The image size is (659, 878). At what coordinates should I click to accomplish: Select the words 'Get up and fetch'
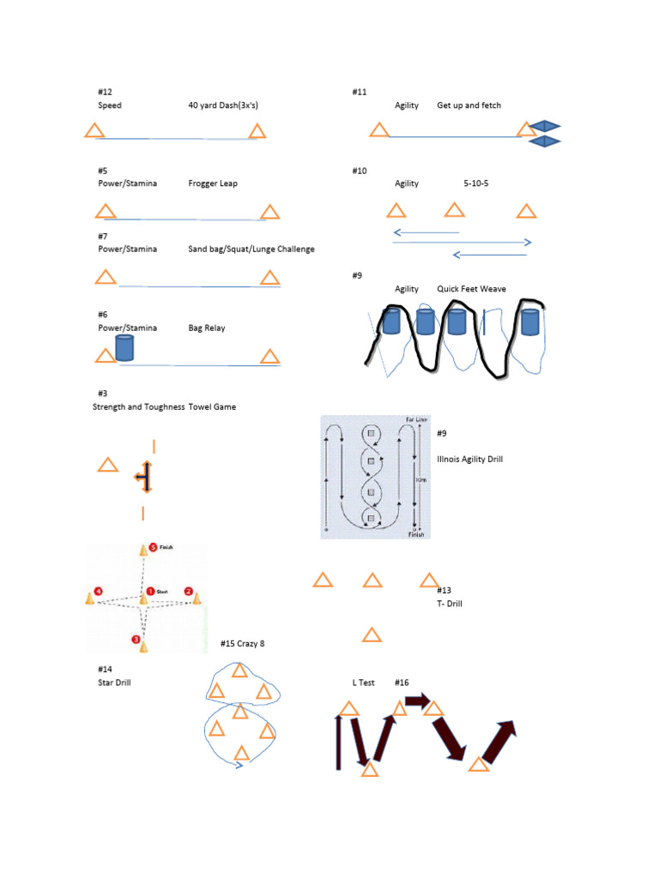click(469, 105)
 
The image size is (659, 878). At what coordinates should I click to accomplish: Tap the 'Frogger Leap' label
click(213, 183)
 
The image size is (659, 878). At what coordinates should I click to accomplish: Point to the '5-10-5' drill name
click(476, 183)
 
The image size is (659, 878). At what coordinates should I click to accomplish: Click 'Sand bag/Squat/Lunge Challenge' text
click(251, 250)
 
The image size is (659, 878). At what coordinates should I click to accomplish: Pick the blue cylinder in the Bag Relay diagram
click(124, 348)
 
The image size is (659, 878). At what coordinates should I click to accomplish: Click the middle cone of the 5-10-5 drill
click(454, 210)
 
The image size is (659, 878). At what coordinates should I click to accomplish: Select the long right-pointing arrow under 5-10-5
click(462, 243)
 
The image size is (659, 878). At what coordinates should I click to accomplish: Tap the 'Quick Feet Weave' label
click(471, 289)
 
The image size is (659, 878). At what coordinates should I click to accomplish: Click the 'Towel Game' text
click(212, 407)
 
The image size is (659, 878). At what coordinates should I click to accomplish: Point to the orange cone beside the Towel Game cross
click(107, 466)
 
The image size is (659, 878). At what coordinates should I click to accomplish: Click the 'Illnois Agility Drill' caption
click(469, 459)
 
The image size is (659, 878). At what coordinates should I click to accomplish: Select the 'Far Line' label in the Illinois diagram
click(415, 419)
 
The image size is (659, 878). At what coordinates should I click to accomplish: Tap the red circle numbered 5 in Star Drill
click(153, 547)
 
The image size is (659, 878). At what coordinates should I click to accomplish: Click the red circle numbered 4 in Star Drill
click(99, 591)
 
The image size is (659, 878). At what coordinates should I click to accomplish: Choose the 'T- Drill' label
click(450, 604)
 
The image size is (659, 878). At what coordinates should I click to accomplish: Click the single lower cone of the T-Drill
click(372, 635)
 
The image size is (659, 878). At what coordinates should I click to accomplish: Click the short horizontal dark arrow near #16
click(418, 701)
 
